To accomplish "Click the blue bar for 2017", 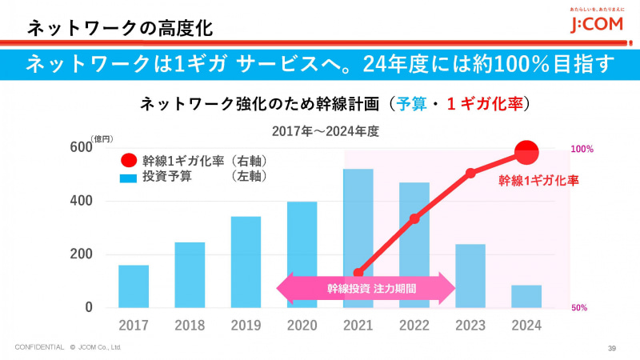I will [x=134, y=286].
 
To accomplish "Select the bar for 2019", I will [x=246, y=262].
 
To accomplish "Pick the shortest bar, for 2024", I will [x=526, y=297].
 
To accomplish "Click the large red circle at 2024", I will [x=527, y=150].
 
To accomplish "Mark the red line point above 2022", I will [x=414, y=218].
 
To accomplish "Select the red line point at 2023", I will [x=470, y=173].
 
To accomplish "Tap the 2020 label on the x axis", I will [x=302, y=326].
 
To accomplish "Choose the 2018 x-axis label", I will [x=190, y=326].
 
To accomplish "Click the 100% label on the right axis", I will [x=582, y=150].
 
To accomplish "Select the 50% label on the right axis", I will [x=581, y=307].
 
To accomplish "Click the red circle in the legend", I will [x=129, y=160].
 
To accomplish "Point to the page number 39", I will [x=612, y=347].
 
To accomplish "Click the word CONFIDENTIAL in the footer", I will [x=39, y=347].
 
